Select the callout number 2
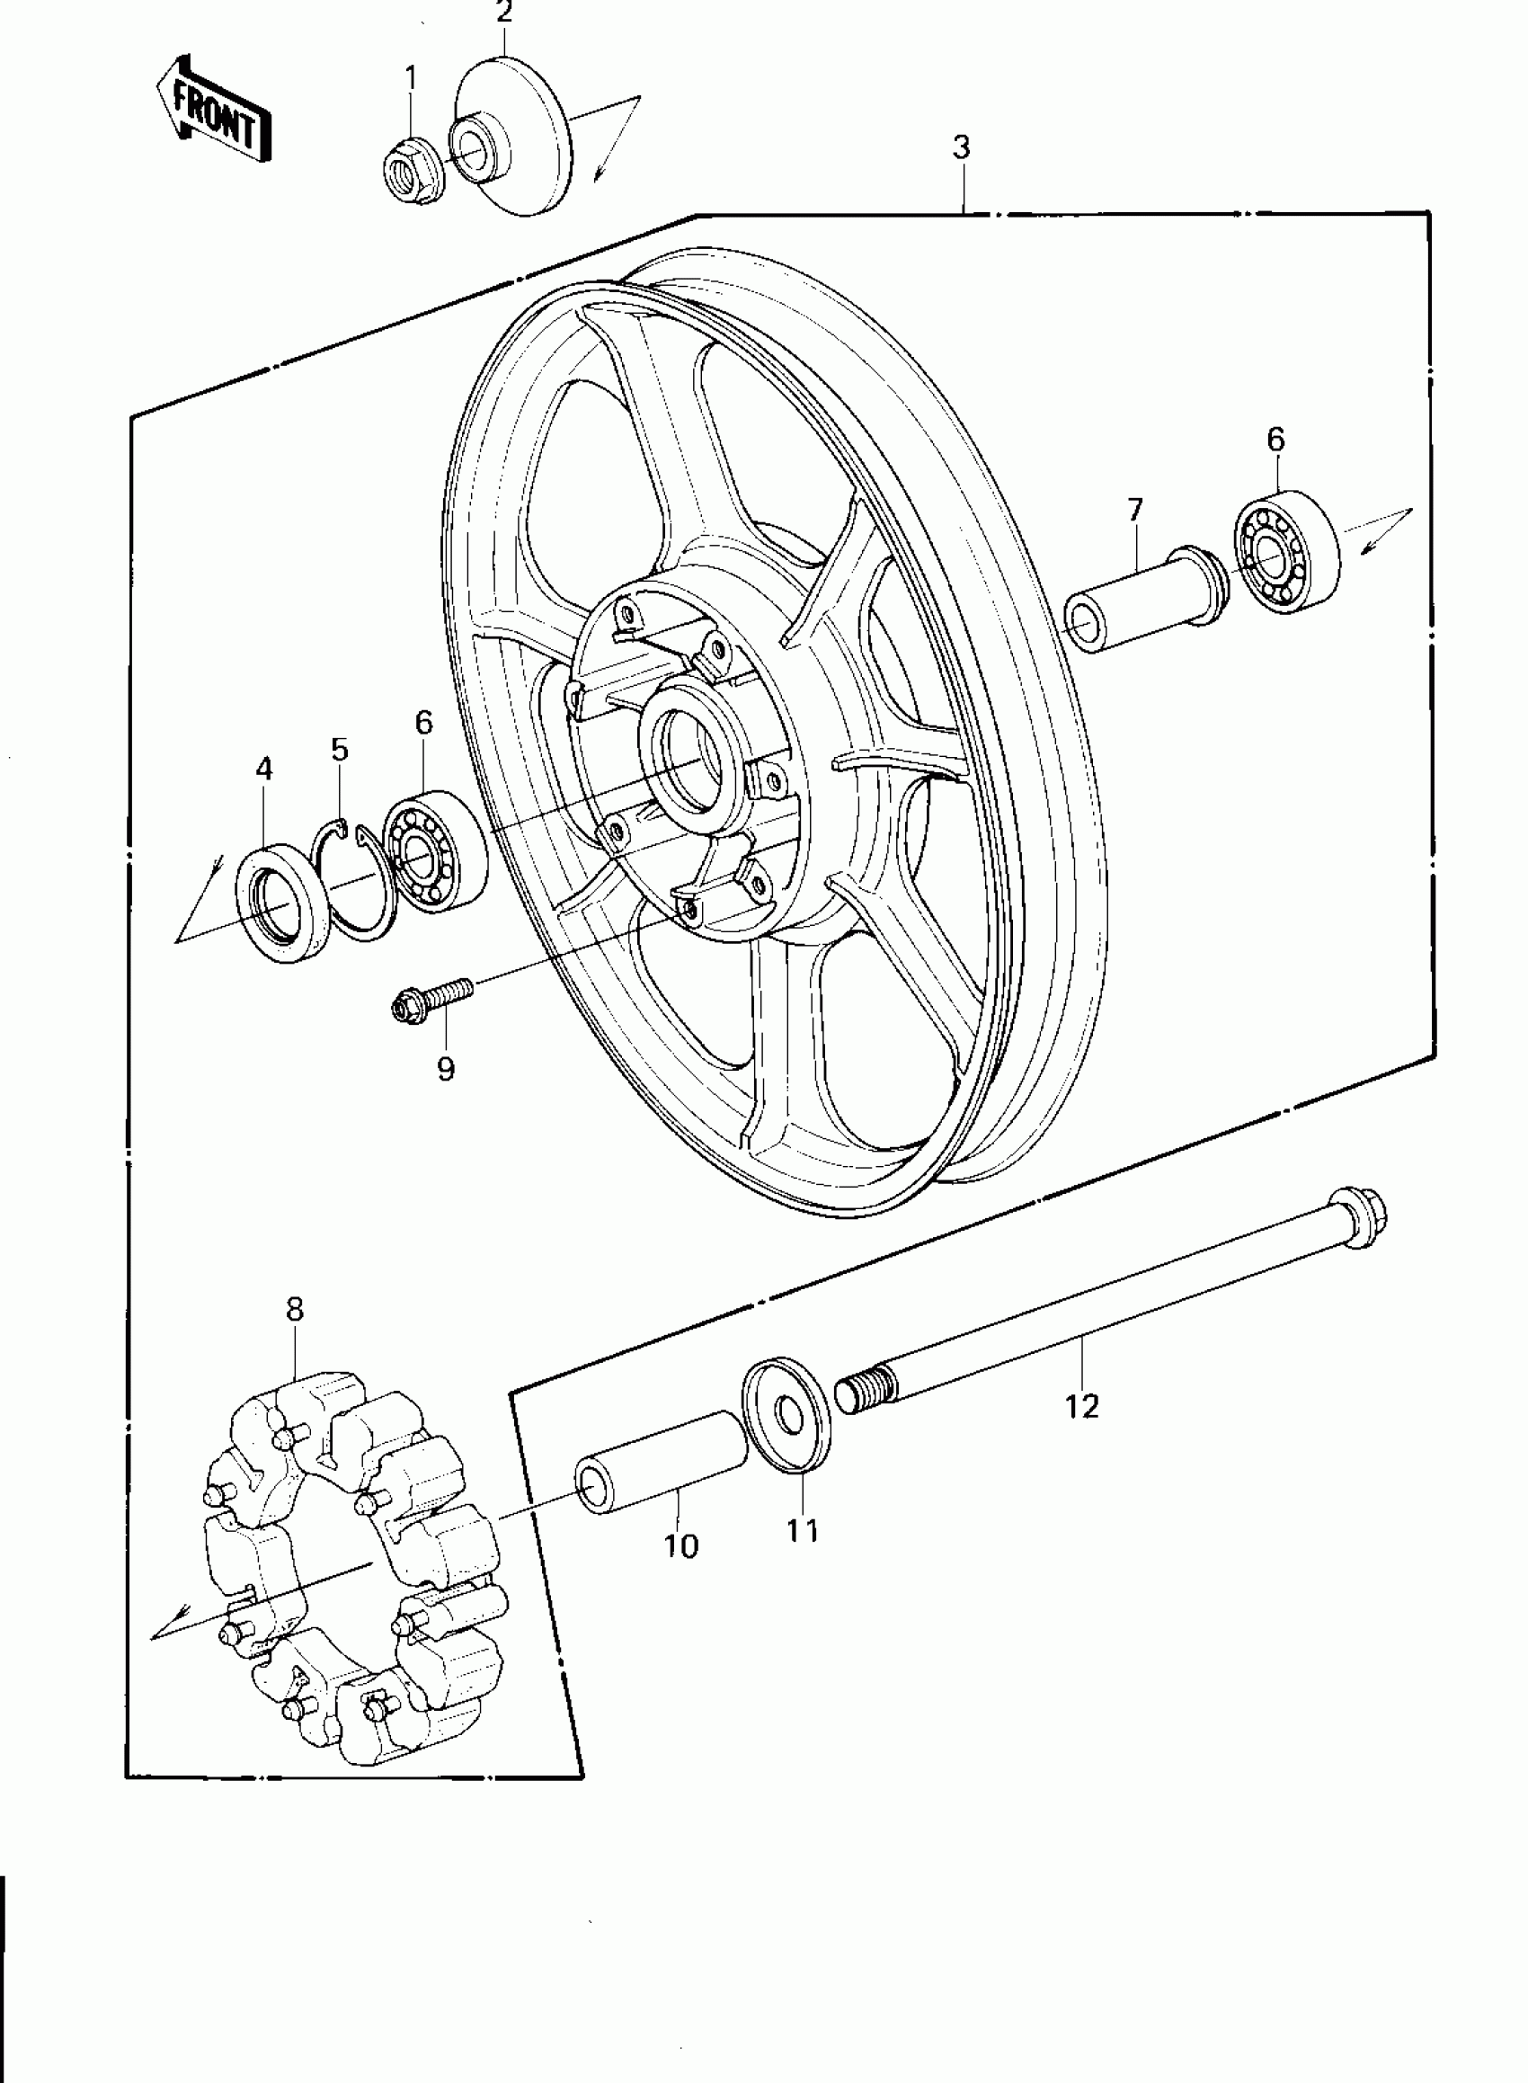point(504,13)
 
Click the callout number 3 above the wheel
point(961,147)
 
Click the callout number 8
point(294,1309)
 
